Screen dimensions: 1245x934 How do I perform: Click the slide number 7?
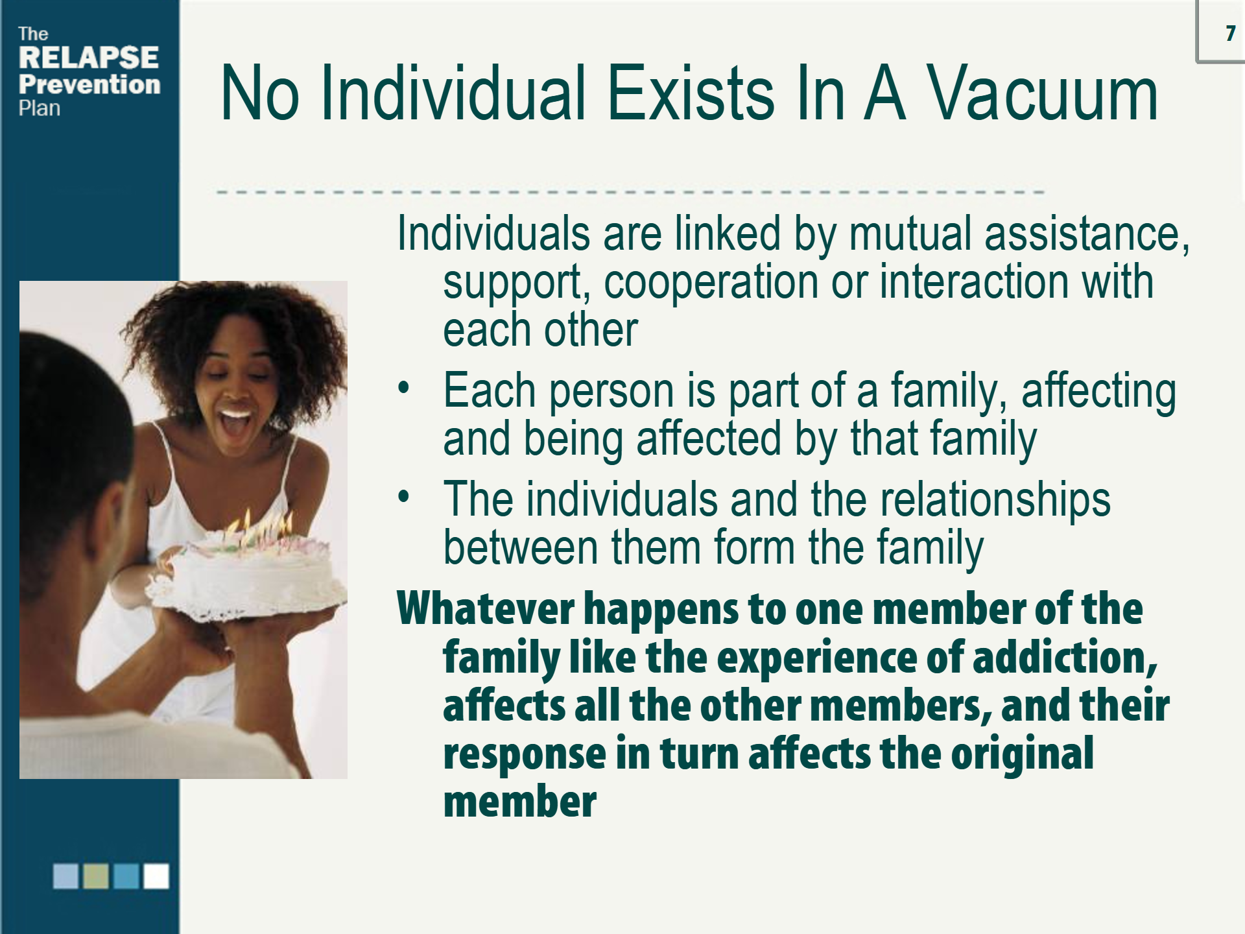(1230, 33)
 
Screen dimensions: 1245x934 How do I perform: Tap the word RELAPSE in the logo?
(89, 58)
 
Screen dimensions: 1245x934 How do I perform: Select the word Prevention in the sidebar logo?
(89, 84)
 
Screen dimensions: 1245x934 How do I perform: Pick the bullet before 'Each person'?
(404, 388)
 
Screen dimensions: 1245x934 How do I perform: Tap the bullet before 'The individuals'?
(404, 497)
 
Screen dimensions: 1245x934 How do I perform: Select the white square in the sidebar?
(156, 876)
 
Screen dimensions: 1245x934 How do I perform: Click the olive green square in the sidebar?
(96, 876)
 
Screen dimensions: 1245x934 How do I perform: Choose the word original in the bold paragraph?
(1022, 755)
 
